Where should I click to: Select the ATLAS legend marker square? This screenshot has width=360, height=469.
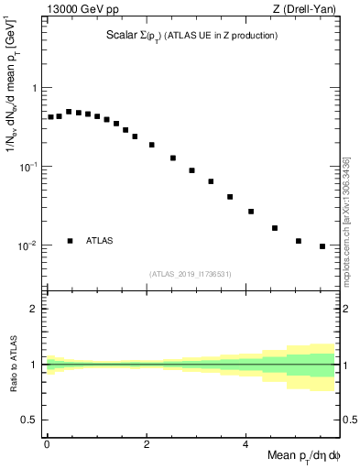coord(71,241)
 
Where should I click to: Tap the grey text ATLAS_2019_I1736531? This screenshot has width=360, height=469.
coord(191,274)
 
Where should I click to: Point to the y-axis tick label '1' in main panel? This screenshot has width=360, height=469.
coord(36,88)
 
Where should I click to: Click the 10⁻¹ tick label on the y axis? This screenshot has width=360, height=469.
coord(31,166)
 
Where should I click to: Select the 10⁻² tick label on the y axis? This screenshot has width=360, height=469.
coord(31,245)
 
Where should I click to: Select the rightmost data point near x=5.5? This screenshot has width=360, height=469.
coord(322,246)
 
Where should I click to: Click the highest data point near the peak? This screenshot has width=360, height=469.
coord(69,112)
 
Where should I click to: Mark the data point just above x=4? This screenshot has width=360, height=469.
coord(251,212)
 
